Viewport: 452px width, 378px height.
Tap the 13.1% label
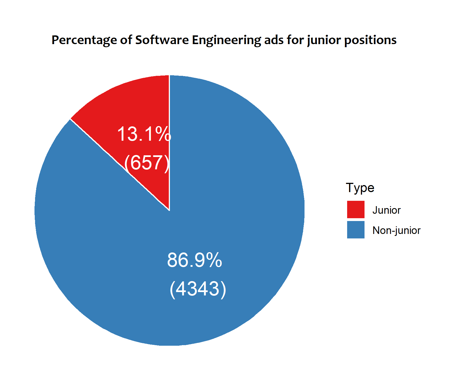(x=144, y=134)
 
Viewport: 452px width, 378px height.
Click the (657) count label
(x=147, y=163)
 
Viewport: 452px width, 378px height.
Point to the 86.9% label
(x=194, y=260)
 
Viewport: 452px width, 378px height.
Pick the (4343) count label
(x=198, y=289)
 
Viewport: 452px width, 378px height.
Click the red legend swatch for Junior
(x=356, y=210)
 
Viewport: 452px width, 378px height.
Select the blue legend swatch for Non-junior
(x=356, y=230)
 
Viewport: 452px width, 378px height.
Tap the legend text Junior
(x=386, y=210)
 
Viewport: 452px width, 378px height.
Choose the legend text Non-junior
(x=396, y=230)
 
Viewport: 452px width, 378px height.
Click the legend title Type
(x=360, y=188)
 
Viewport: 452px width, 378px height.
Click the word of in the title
(x=126, y=40)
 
